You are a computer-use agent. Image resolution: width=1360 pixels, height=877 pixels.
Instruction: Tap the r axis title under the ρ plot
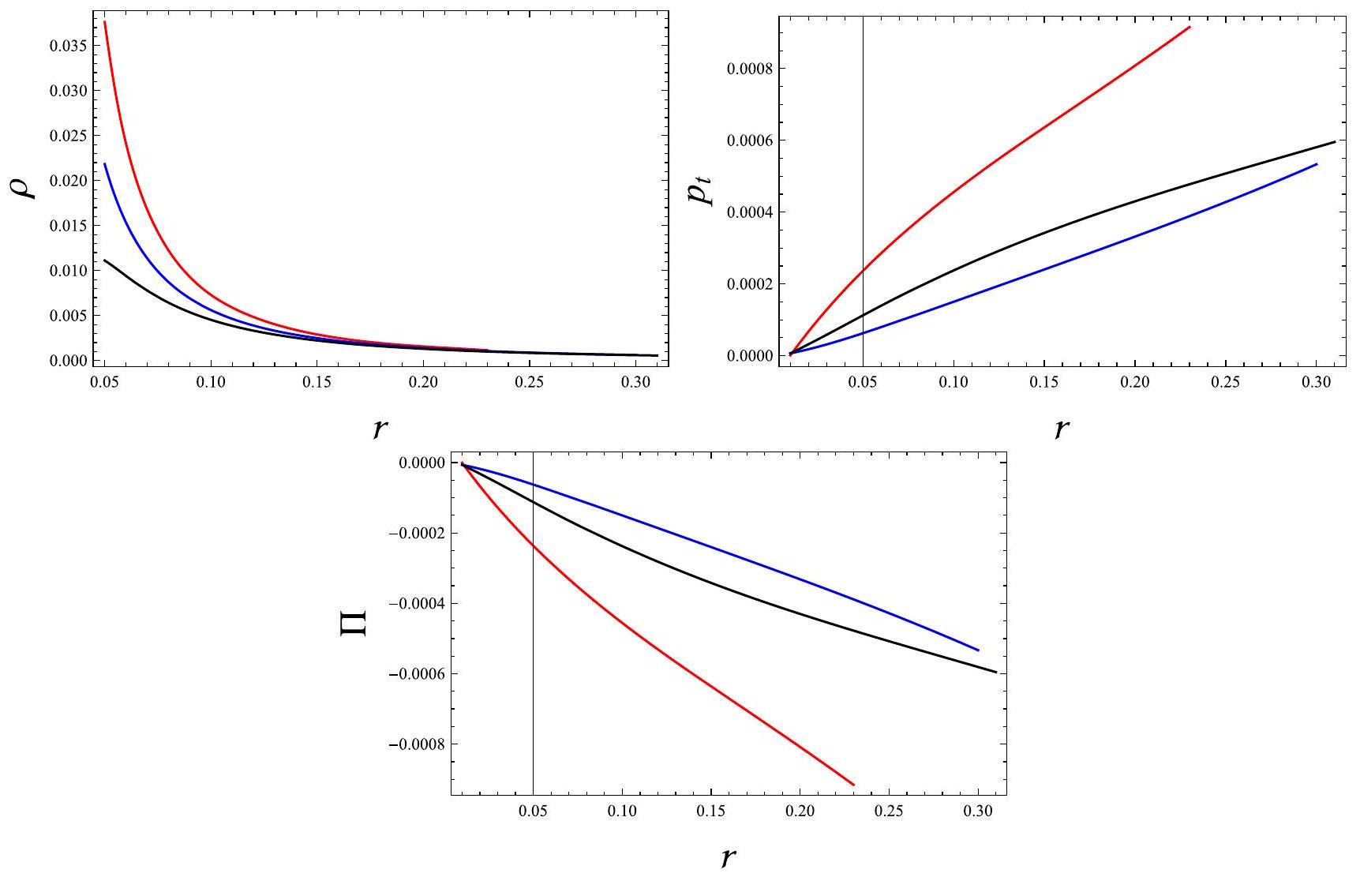tap(380, 427)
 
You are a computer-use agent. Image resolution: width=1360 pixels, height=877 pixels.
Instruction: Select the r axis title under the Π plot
tap(728, 856)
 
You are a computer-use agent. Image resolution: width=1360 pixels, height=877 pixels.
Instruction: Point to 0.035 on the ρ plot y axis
tap(69, 46)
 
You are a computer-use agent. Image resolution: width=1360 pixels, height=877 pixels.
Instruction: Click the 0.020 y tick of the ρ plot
tap(69, 181)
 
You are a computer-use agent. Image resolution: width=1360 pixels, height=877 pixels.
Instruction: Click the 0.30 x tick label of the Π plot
tap(979, 811)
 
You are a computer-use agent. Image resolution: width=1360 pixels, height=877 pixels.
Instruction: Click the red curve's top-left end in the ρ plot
tap(105, 21)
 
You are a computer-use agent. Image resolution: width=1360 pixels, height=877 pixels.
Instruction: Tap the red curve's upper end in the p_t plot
tap(1190, 27)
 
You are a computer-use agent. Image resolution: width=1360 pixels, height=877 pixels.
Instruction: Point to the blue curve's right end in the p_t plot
tap(1317, 164)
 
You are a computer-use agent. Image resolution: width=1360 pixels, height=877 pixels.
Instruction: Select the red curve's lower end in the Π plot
tap(854, 785)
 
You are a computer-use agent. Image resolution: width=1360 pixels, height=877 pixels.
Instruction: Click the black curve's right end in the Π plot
tap(996, 673)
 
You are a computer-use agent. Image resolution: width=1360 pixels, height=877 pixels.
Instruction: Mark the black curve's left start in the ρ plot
tap(105, 260)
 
